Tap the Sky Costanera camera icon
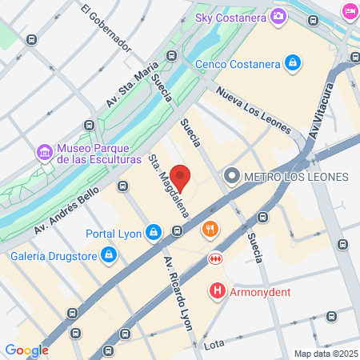pyautogui.click(x=278, y=15)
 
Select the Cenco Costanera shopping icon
pyautogui.click(x=294, y=62)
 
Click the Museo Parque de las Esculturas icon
pyautogui.click(x=44, y=151)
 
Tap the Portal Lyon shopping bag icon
pyautogui.click(x=154, y=234)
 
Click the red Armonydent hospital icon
pyautogui.click(x=216, y=292)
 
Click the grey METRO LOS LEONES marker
pyautogui.click(x=232, y=175)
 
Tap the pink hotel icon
pyautogui.click(x=350, y=10)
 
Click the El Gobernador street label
pyautogui.click(x=106, y=28)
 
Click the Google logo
pyautogui.click(x=26, y=350)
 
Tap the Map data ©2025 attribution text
pyautogui.click(x=325, y=354)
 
